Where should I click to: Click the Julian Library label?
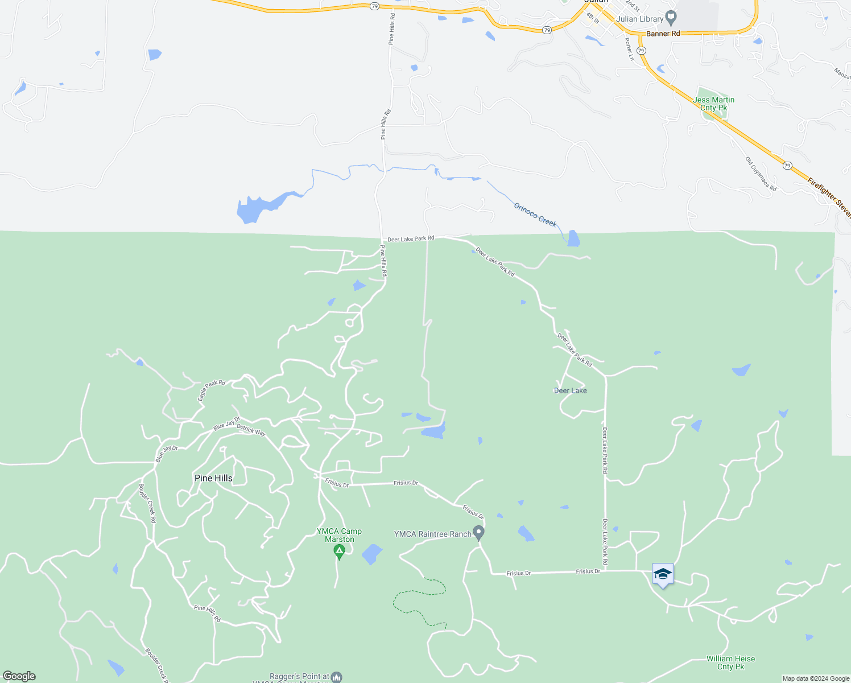tap(640, 19)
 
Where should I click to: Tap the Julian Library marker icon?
tap(671, 18)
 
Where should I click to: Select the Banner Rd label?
tap(663, 34)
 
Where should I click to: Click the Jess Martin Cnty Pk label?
tap(714, 104)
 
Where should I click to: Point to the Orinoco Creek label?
tap(535, 215)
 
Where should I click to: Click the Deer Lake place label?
tap(570, 390)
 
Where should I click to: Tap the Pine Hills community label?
tap(213, 478)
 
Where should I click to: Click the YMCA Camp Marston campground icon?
tap(339, 550)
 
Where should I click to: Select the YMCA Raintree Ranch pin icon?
tap(479, 533)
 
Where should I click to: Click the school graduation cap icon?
tap(663, 574)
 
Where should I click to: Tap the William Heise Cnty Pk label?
tap(730, 663)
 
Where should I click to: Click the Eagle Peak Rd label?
tap(211, 390)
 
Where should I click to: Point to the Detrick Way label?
tap(251, 430)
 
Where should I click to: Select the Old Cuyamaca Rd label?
tap(761, 174)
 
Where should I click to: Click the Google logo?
tap(19, 676)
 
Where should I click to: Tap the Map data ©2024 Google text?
tap(816, 678)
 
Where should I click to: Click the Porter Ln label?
tap(629, 49)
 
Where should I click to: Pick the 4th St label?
tap(593, 18)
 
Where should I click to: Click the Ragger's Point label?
tap(299, 677)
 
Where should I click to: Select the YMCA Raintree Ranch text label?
tap(433, 534)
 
